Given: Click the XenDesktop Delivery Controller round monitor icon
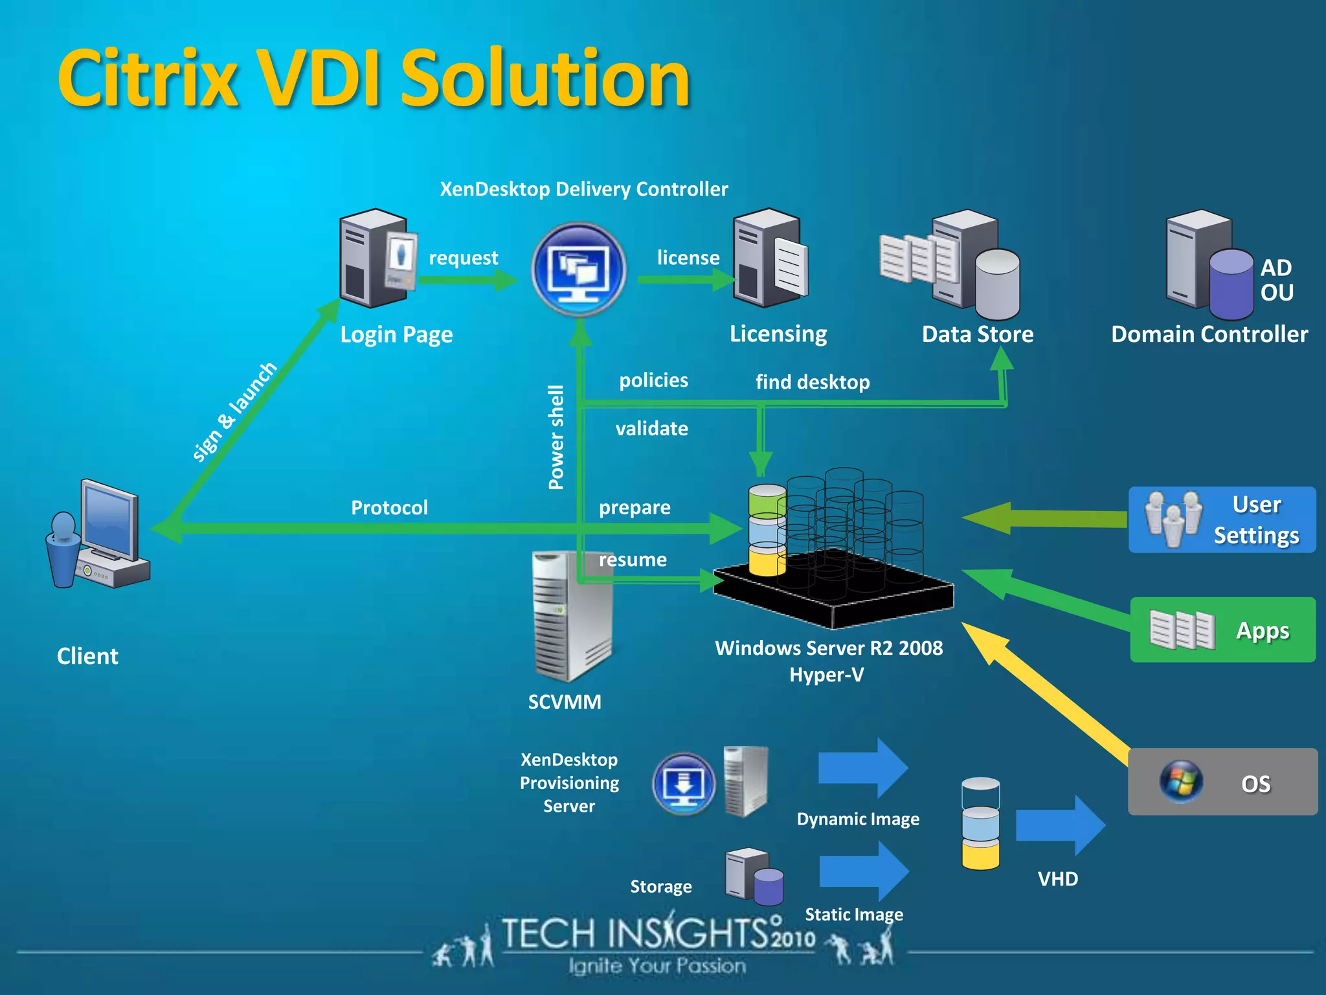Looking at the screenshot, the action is pyautogui.click(x=578, y=269).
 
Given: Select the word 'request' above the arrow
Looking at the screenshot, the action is pyautogui.click(x=463, y=258).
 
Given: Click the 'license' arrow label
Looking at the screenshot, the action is pyautogui.click(x=688, y=258).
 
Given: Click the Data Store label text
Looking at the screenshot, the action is pyautogui.click(x=977, y=334).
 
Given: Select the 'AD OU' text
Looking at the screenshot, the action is pyautogui.click(x=1276, y=280).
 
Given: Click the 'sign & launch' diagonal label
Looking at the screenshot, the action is pyautogui.click(x=234, y=413).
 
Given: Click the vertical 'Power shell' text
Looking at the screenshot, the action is pyautogui.click(x=556, y=437).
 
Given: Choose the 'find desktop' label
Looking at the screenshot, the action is pyautogui.click(x=812, y=382).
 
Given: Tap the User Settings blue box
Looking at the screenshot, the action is pyautogui.click(x=1222, y=520).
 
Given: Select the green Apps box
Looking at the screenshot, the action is pyautogui.click(x=1222, y=630).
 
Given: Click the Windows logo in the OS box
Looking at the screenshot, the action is pyautogui.click(x=1181, y=781).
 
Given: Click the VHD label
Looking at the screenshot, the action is pyautogui.click(x=1057, y=879).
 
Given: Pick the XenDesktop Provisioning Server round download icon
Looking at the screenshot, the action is pyautogui.click(x=683, y=783).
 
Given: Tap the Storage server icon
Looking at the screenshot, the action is pyautogui.click(x=753, y=876).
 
